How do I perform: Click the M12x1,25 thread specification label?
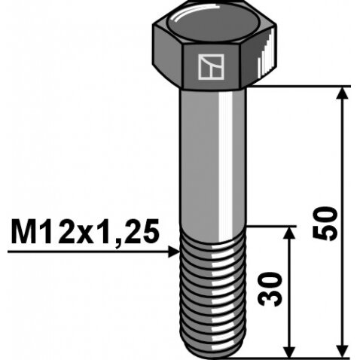[x=85, y=232]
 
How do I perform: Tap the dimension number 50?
[x=325, y=224]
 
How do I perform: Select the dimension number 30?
[x=270, y=289]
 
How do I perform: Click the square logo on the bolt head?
[x=211, y=67]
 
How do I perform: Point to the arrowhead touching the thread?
[x=174, y=252]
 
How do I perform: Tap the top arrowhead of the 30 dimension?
[x=290, y=233]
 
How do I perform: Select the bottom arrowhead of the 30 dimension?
[x=290, y=351]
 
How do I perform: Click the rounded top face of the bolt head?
[x=214, y=25]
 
